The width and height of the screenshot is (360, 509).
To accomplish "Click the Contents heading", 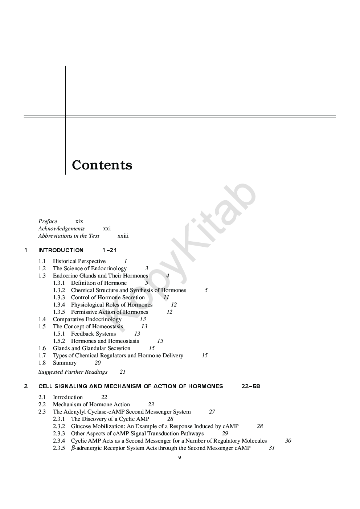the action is (102, 165).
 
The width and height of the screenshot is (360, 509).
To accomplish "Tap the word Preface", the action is (48, 221).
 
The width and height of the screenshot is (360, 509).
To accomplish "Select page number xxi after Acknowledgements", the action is (107, 229).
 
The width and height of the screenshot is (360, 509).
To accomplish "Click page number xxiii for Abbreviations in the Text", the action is (123, 236).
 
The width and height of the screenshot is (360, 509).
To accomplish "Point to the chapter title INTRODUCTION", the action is (61, 250).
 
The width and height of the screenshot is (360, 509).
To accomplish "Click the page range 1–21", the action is (110, 250).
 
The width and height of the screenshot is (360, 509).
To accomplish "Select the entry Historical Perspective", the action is (79, 261).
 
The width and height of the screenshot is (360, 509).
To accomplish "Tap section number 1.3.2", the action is (59, 290).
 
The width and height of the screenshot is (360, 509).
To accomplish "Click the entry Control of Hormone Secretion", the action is (108, 297).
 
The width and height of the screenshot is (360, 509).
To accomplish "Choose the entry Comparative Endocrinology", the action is (87, 319).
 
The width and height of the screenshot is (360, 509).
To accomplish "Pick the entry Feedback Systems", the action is (93, 334).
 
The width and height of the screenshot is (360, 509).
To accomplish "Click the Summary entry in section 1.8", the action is (65, 363).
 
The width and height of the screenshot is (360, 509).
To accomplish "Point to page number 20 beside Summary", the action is (98, 363).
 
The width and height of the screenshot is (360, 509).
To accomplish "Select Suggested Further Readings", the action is (73, 372).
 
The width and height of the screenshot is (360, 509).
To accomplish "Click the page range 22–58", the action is (250, 386).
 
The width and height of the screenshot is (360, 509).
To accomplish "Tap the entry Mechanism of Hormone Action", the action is (91, 405).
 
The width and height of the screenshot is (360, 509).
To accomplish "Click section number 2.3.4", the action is (59, 441).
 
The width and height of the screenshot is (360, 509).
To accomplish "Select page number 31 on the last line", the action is (271, 448).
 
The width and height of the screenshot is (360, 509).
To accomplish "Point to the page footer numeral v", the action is (180, 457).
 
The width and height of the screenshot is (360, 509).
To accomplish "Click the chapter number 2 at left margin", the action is (26, 386).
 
